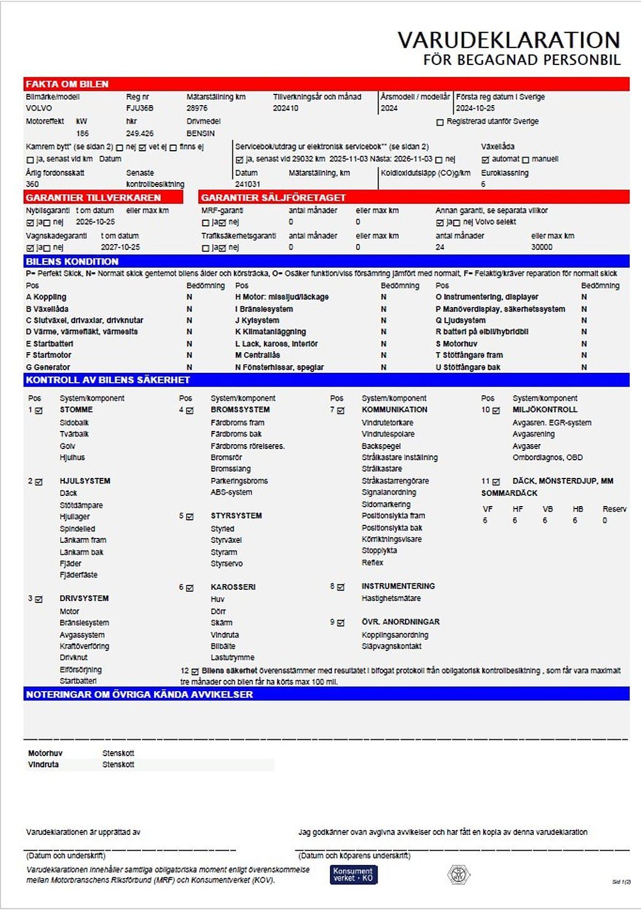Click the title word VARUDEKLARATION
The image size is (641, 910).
coord(508,40)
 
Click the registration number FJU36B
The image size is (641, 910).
coord(140,108)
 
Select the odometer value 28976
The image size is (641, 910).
coord(197,108)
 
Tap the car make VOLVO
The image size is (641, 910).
coord(39,108)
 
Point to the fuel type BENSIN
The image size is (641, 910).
coord(200,133)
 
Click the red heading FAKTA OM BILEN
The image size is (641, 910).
coord(67,84)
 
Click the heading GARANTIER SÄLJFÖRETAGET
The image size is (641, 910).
coord(273,198)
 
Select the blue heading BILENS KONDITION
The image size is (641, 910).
coord(72,261)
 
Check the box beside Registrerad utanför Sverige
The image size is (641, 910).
coord(440,122)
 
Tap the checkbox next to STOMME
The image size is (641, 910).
coord(39,411)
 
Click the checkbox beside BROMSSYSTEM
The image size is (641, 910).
coord(190,411)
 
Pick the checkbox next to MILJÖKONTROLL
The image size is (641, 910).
coord(496,411)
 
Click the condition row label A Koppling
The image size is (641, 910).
coord(46,297)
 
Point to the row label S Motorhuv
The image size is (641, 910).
coord(456,344)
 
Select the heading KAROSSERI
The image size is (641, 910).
coord(233,587)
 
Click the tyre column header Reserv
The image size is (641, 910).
coord(614,509)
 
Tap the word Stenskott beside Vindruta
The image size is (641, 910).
coord(118,764)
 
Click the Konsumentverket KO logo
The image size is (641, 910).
coord(353,874)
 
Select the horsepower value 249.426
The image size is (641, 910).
coord(140,133)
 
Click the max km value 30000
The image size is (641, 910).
coord(541,247)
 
